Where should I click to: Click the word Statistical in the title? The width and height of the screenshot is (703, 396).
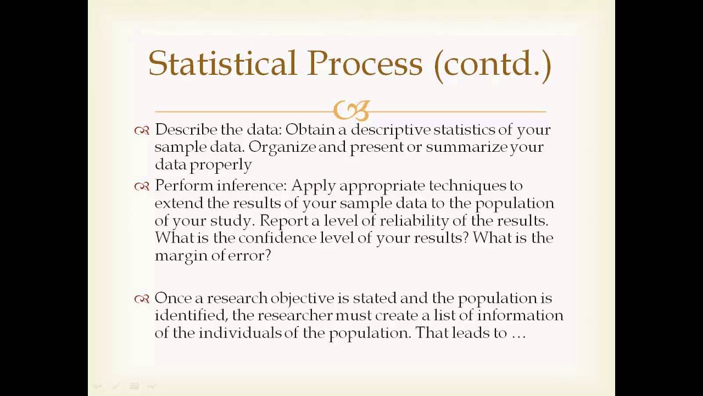point(222,63)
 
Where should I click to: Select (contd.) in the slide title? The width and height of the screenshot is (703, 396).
point(492,64)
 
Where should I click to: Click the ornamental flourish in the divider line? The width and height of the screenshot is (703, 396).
point(351,111)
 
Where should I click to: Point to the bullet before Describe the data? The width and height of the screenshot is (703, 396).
point(142,130)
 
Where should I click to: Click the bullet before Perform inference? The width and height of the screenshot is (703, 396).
point(142,186)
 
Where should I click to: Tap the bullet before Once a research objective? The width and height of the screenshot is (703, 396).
point(142,299)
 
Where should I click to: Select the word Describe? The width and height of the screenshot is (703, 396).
point(186,130)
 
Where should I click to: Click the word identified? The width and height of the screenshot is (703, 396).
point(191,316)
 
